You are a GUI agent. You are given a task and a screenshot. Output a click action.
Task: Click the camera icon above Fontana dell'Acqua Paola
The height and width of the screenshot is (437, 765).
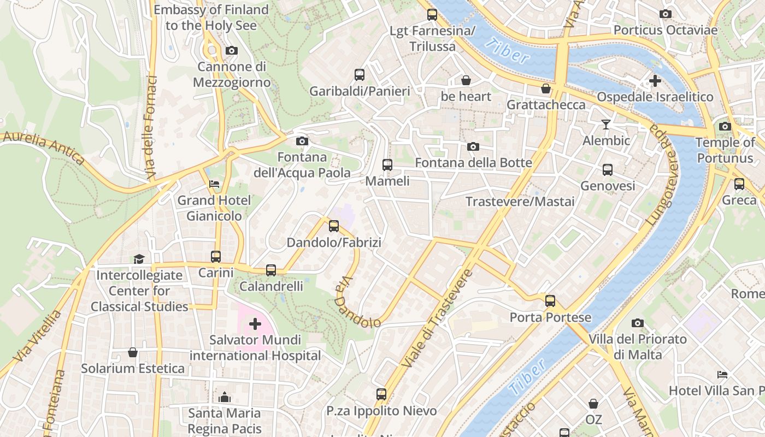click(302, 141)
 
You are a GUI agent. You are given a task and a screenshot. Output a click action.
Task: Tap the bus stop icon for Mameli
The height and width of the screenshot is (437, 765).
click(387, 164)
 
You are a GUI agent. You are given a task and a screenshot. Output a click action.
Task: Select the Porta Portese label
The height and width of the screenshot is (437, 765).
click(550, 317)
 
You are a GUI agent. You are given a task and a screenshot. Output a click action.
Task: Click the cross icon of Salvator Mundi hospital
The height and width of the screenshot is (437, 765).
click(255, 324)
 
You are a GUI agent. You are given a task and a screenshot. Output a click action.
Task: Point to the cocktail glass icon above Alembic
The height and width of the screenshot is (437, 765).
click(605, 125)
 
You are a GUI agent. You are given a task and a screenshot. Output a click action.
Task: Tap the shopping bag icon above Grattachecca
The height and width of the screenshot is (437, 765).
click(545, 88)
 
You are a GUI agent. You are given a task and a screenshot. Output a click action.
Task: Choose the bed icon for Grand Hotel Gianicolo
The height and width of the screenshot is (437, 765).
click(214, 184)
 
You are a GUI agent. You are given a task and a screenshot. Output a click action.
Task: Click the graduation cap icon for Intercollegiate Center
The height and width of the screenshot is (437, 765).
click(139, 259)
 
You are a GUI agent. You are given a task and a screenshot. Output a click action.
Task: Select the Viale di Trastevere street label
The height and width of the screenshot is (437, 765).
click(437, 318)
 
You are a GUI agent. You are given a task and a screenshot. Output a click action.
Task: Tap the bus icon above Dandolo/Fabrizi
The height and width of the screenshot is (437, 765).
click(333, 226)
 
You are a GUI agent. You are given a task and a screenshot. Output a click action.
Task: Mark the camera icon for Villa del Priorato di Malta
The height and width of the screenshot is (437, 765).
click(637, 323)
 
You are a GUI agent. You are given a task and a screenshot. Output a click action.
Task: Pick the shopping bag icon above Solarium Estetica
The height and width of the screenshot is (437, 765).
click(132, 352)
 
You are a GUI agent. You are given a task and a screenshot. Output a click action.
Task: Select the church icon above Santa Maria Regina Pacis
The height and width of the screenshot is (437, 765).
click(225, 397)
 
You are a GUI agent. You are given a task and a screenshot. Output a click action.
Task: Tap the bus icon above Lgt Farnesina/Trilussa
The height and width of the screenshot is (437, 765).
click(432, 15)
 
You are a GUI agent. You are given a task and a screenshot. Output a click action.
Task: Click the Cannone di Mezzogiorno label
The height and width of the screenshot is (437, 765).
click(232, 74)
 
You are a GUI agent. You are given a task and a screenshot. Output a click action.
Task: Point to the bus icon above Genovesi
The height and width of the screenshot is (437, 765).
click(608, 170)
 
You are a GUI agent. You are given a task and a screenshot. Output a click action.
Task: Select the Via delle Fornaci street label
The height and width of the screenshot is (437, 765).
click(150, 128)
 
